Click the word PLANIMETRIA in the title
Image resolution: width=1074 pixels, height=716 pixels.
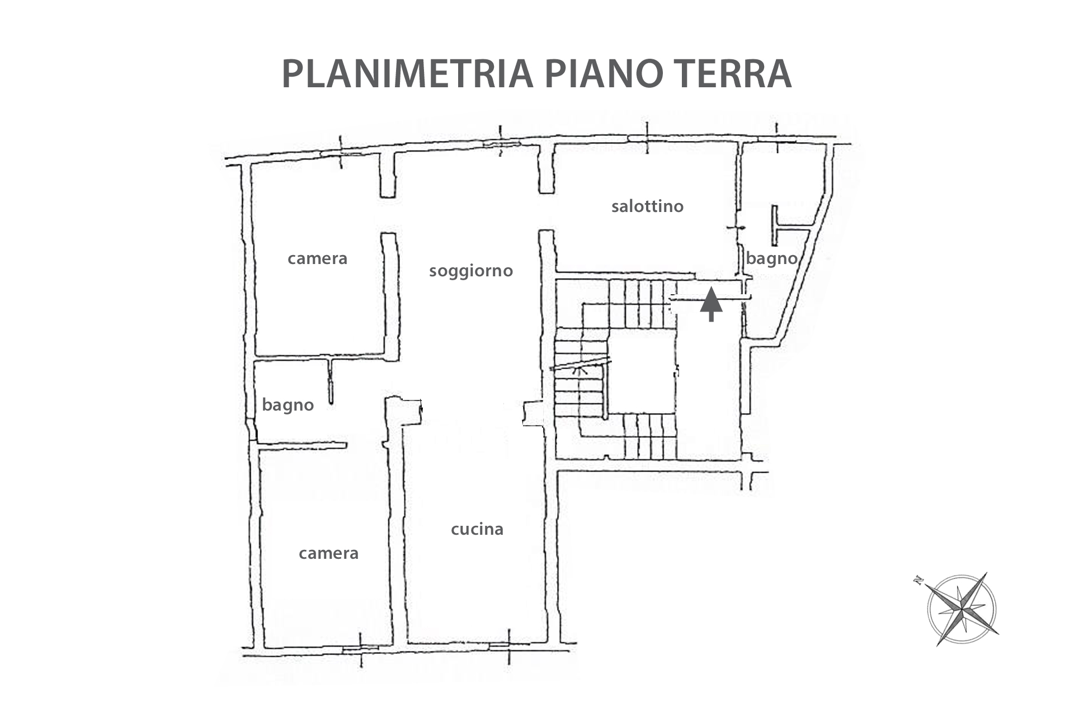tap(407, 73)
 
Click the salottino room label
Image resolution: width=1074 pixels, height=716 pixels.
tap(647, 206)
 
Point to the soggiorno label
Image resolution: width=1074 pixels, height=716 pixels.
tap(471, 271)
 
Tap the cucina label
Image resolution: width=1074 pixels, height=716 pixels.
tap(477, 529)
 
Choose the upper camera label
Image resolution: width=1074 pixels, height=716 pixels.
tap(317, 258)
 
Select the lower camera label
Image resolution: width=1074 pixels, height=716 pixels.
tap(328, 553)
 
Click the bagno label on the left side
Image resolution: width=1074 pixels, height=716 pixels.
tap(288, 405)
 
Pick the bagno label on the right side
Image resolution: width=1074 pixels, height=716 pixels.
tap(771, 258)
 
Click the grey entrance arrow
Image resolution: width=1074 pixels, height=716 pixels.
tap(711, 304)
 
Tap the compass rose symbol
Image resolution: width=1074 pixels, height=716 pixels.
tap(961, 609)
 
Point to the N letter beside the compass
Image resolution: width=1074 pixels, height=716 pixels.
tap(918, 580)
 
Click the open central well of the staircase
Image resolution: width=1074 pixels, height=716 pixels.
tap(641, 371)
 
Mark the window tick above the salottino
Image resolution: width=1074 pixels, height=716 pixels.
tap(647, 138)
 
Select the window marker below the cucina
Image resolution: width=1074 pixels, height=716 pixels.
tap(509, 647)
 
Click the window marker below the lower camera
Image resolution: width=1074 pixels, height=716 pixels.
tap(360, 649)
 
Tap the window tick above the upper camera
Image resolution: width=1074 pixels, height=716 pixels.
tap(341, 152)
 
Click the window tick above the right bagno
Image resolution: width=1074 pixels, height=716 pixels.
tap(776, 138)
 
